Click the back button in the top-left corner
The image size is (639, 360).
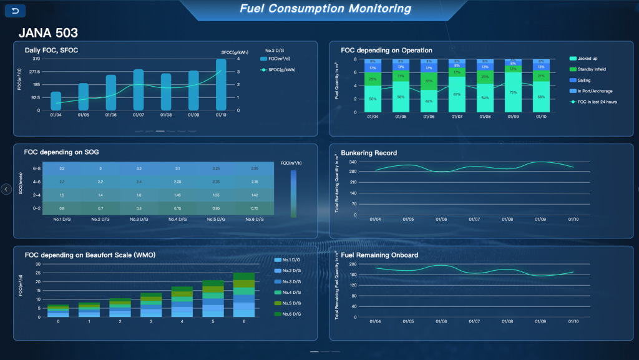(15, 11)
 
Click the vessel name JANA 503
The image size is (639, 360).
(48, 33)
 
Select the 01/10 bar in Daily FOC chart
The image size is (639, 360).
(221, 85)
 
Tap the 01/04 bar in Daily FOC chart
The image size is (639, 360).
(56, 101)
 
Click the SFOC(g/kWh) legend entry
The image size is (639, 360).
(278, 70)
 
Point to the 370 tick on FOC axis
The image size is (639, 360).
(36, 59)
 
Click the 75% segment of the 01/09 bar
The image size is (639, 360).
(513, 92)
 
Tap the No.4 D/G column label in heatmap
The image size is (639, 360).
(177, 220)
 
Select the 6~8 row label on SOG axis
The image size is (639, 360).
(37, 168)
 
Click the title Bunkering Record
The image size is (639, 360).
(369, 153)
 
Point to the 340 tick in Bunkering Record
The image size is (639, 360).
(353, 162)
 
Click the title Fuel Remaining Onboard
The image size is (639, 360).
(379, 255)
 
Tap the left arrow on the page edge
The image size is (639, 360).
(6, 189)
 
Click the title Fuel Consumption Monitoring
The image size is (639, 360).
(325, 9)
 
